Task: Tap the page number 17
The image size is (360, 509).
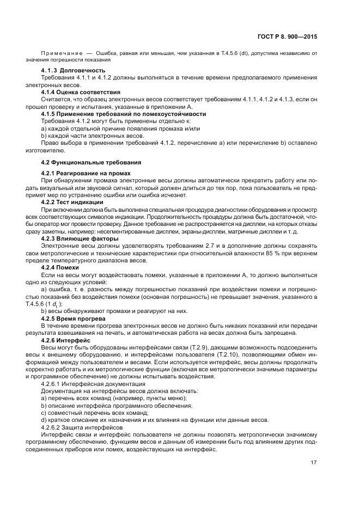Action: tap(314, 463)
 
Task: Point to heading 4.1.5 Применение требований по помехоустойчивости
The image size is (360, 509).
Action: tap(124, 114)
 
